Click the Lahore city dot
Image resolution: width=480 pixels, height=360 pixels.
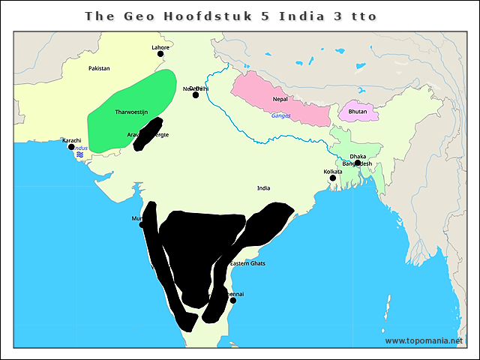click(160, 54)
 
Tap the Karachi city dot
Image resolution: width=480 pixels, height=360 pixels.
click(71, 146)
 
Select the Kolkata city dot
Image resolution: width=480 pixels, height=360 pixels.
click(332, 178)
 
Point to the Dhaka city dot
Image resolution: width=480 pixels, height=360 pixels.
click(358, 163)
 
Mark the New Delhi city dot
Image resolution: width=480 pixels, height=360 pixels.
click(196, 95)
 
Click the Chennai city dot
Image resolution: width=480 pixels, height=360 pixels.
click(233, 301)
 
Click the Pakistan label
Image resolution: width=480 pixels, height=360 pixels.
click(99, 68)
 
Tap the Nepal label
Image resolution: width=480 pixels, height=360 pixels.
click(280, 99)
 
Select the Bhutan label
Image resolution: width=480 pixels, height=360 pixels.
click(357, 111)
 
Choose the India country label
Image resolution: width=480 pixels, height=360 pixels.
click(263, 187)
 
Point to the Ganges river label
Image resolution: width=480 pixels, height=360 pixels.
click(280, 115)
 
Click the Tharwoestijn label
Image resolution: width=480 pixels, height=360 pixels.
click(132, 112)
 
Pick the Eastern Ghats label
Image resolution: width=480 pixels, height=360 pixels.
click(247, 263)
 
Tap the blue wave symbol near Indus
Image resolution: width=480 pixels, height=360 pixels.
click(79, 154)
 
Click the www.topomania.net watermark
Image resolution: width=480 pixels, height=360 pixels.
click(424, 340)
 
